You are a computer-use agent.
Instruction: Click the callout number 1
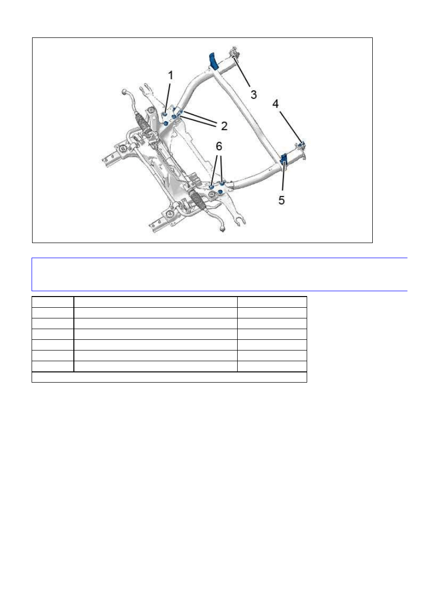pyautogui.click(x=171, y=75)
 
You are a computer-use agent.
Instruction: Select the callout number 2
pyautogui.click(x=224, y=126)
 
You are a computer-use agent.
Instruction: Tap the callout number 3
pyautogui.click(x=254, y=95)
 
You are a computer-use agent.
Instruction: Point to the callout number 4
pyautogui.click(x=276, y=104)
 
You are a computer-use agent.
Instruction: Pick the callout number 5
pyautogui.click(x=281, y=200)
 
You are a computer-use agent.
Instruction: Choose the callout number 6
pyautogui.click(x=219, y=146)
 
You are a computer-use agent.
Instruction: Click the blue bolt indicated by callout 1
pyautogui.click(x=165, y=114)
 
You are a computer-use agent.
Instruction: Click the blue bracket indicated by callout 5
pyautogui.click(x=283, y=158)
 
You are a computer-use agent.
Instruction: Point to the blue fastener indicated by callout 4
pyautogui.click(x=302, y=144)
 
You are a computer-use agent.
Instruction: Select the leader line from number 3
pyautogui.click(x=242, y=70)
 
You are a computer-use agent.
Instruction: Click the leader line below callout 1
pyautogui.click(x=167, y=98)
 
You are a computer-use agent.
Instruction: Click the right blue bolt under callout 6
pyautogui.click(x=222, y=183)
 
